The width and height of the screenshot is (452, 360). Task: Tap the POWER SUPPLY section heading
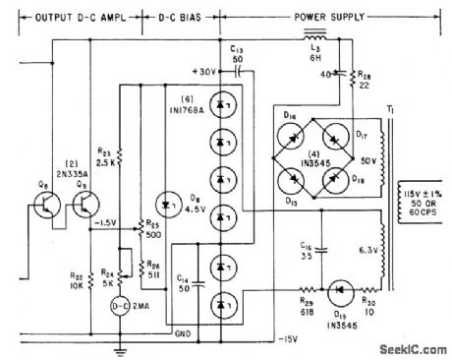coord(324,17)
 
